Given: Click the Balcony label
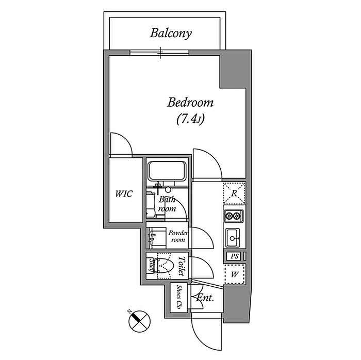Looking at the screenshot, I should click(x=171, y=34).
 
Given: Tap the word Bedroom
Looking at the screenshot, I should click(x=190, y=103).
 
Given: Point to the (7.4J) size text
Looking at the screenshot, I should click(x=190, y=120).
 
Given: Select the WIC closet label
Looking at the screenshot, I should click(x=124, y=194).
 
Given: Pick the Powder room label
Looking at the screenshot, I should click(x=178, y=237).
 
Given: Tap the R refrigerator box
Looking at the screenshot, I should click(x=234, y=194).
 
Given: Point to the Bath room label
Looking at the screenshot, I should click(x=167, y=204).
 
